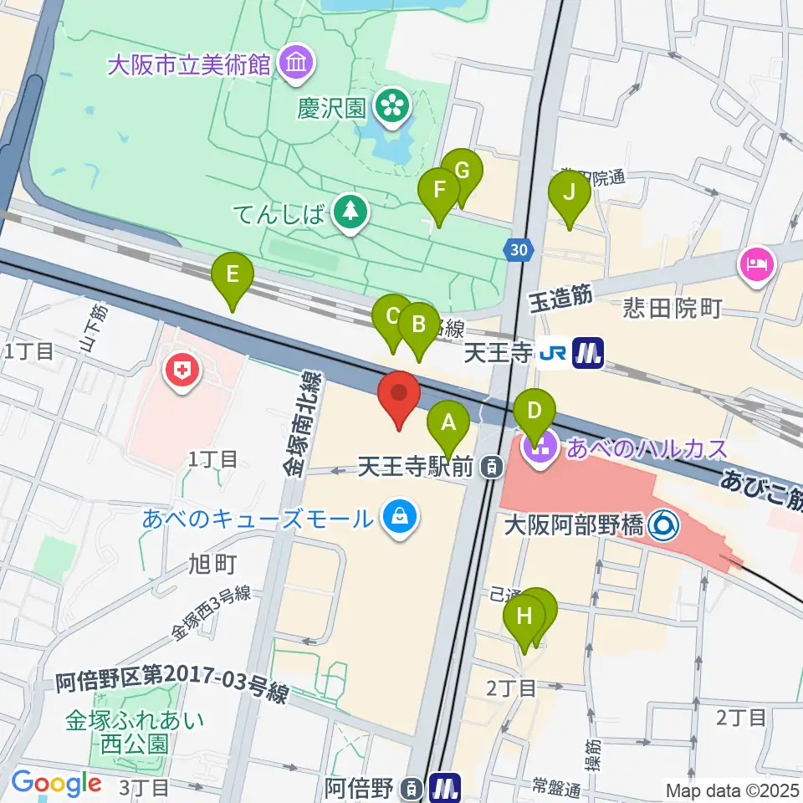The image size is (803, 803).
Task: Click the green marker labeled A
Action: (448, 423)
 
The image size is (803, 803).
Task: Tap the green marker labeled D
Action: (534, 411)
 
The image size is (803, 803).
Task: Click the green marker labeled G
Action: (461, 171)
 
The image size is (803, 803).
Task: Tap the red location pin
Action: (400, 394)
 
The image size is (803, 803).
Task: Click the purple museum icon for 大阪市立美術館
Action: (295, 64)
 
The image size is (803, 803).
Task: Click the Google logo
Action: (56, 783)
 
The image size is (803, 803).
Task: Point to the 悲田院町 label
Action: (672, 309)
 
